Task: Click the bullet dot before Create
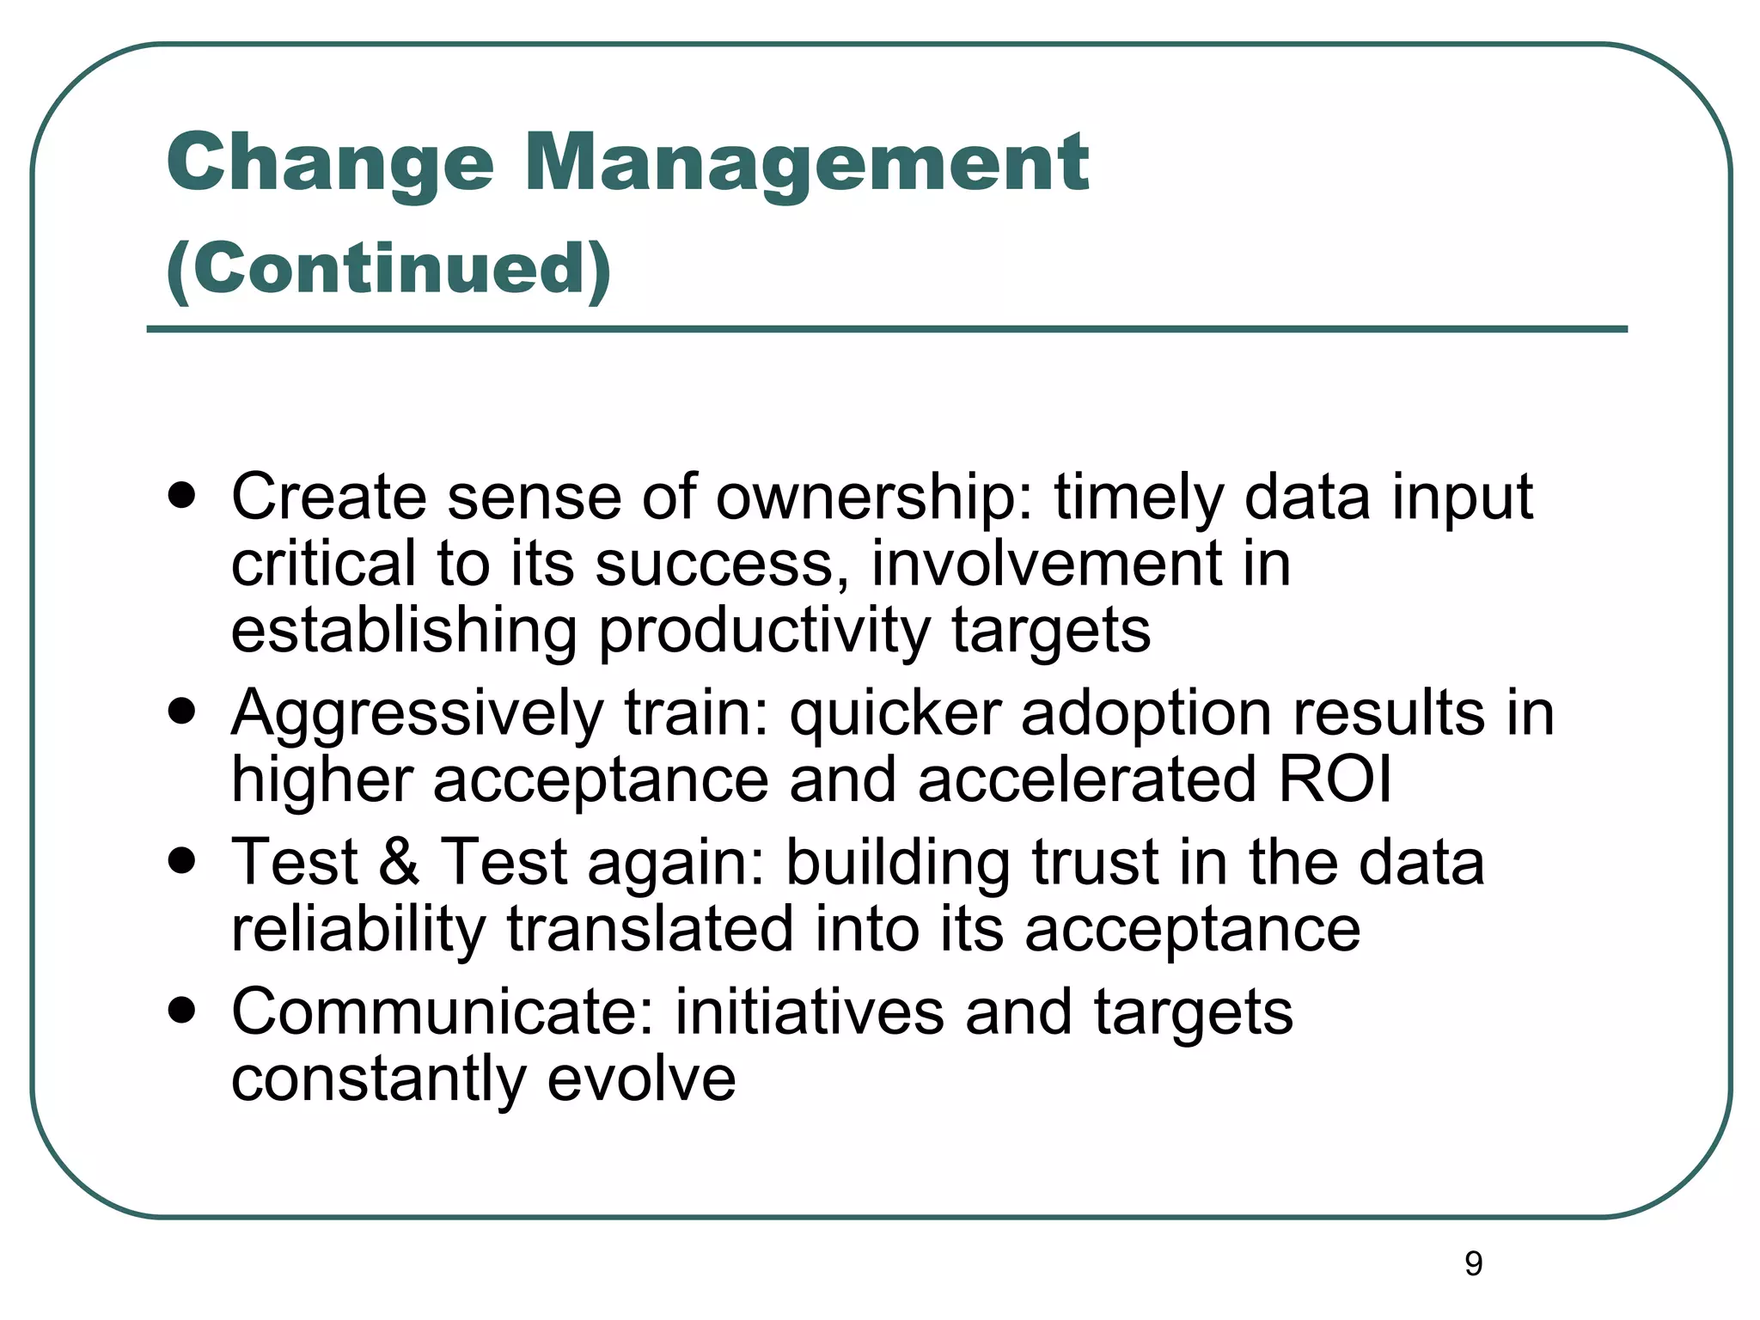tap(182, 496)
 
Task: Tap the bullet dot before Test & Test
tap(182, 860)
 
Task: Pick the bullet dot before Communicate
tap(182, 1010)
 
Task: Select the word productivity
tap(764, 631)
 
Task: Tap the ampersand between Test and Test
tap(399, 862)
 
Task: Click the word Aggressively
tap(418, 715)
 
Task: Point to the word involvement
tap(1044, 565)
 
